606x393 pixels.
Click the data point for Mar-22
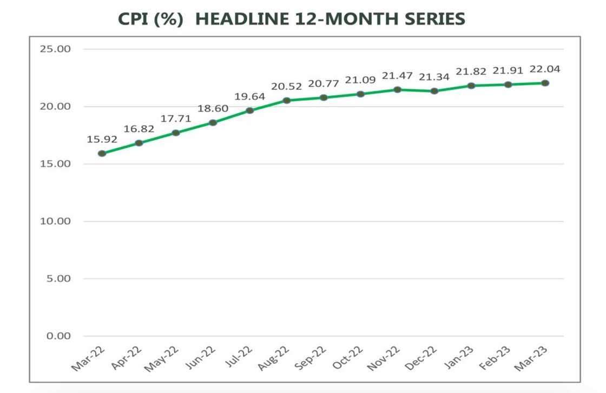click(102, 153)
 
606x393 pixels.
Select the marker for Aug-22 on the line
click(287, 100)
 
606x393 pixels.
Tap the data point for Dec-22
click(434, 91)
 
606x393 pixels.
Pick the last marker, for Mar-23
click(545, 83)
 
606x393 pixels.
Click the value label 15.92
click(102, 139)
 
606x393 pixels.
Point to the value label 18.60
click(213, 109)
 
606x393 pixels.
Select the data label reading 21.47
click(397, 76)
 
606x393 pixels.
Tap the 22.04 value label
click(545, 69)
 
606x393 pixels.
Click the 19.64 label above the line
click(249, 96)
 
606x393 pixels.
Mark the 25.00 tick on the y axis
click(56, 49)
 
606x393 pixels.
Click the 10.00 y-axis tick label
click(56, 221)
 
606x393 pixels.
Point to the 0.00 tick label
click(58, 336)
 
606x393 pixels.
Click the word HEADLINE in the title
click(241, 19)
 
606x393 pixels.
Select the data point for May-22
click(176, 133)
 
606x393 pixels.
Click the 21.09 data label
click(360, 80)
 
